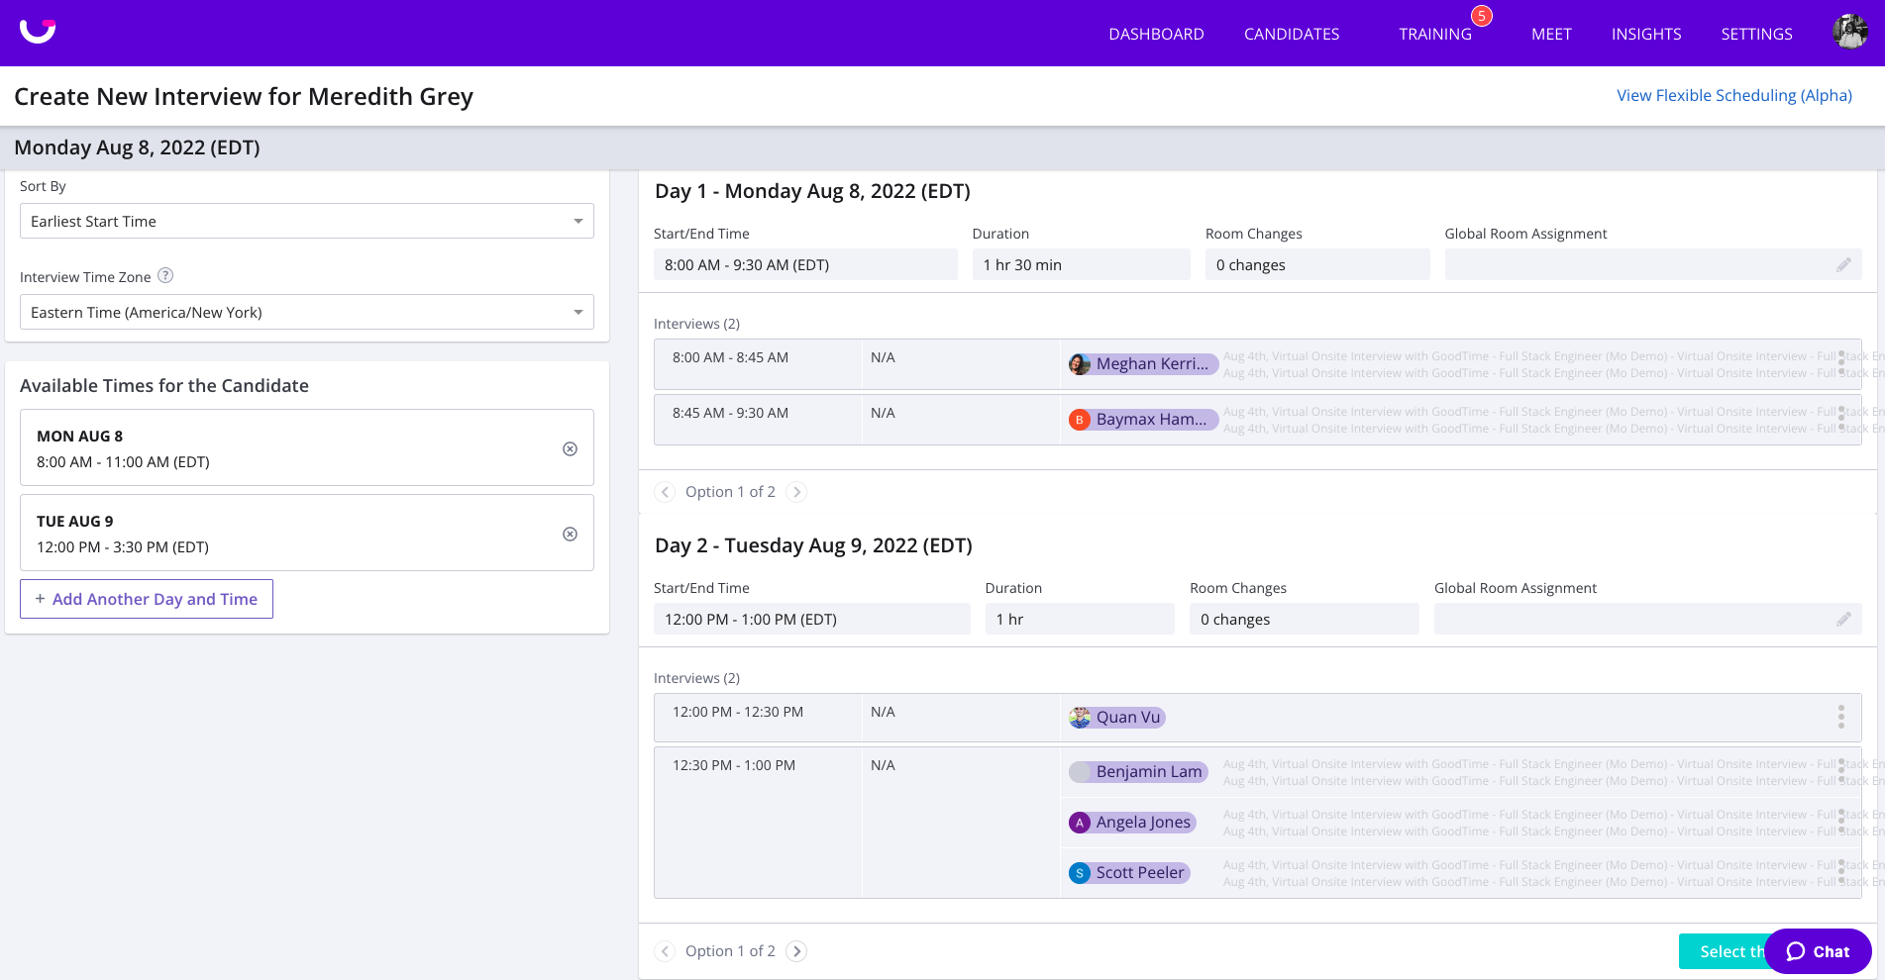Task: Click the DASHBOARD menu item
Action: tap(1156, 34)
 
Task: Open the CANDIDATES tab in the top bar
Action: tap(1291, 34)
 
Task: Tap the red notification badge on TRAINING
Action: tap(1481, 16)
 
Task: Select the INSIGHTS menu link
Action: tap(1645, 34)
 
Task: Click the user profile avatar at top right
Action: tap(1849, 32)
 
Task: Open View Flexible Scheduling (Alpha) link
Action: tap(1733, 95)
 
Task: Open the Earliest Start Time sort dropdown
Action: tap(306, 221)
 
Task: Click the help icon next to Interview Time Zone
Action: tap(165, 276)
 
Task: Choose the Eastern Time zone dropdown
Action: tap(306, 312)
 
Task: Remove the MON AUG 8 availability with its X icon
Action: tap(570, 448)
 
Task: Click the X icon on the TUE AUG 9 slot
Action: tap(570, 534)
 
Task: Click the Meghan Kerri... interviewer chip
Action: tap(1142, 363)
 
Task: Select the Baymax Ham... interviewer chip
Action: tap(1142, 419)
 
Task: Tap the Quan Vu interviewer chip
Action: tap(1117, 717)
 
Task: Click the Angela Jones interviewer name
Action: tap(1142, 822)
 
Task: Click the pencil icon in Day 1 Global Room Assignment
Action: tap(1842, 264)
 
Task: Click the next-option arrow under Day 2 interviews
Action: tap(796, 950)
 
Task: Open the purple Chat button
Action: tap(1818, 951)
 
